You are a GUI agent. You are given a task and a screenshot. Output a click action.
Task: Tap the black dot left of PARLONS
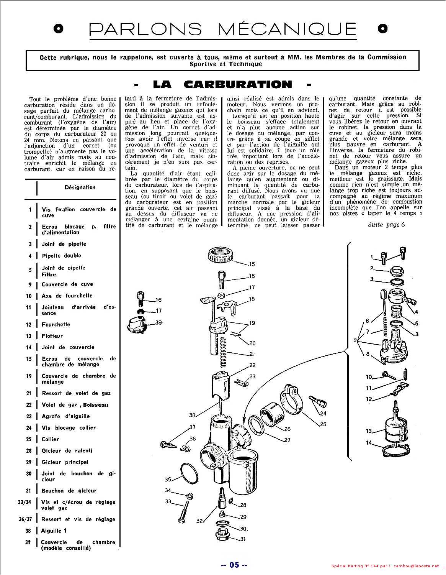tap(59, 29)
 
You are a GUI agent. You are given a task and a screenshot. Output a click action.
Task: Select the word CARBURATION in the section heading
tap(238, 84)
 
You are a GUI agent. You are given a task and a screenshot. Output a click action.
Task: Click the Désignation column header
tap(80, 187)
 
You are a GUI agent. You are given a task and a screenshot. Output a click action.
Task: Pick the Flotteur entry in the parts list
tap(52, 336)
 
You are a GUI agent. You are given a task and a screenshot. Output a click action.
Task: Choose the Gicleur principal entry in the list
tap(65, 462)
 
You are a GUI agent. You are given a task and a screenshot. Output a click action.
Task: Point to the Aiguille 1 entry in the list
tap(54, 531)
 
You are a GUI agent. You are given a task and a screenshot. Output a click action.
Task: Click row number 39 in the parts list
tap(28, 542)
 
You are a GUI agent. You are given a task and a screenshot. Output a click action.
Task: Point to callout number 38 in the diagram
tap(192, 415)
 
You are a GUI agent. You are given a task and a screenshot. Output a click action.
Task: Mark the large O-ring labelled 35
tap(190, 473)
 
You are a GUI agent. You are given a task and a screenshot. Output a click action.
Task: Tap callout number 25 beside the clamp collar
tap(323, 425)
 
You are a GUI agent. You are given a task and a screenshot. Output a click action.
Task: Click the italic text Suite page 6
tap(386, 225)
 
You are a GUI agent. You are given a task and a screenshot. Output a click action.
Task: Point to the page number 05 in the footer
tap(234, 565)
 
